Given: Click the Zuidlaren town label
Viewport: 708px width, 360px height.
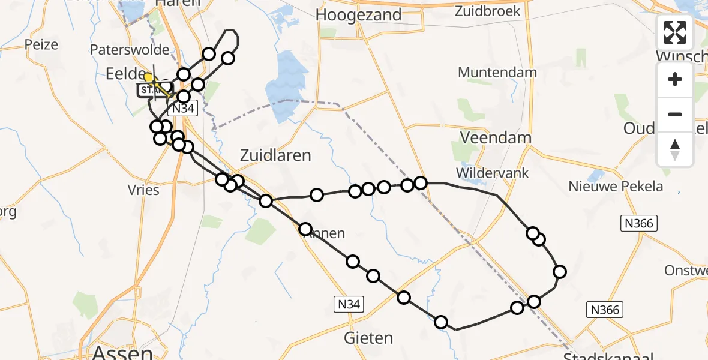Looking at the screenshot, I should click(275, 155).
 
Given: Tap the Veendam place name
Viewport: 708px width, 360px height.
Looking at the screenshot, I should click(496, 137).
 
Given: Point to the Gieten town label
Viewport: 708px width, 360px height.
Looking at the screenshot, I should click(368, 338).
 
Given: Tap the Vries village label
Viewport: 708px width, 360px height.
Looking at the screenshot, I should click(143, 190).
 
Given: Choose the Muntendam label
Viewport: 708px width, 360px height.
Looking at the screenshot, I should click(497, 72).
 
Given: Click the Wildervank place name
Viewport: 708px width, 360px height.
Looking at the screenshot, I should click(492, 173).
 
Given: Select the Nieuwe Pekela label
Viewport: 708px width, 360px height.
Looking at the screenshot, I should click(616, 186).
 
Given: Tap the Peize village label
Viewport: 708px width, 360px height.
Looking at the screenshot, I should click(41, 44).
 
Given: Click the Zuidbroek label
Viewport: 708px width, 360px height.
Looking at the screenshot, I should click(487, 11).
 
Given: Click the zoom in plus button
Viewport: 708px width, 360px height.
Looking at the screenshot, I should click(675, 79).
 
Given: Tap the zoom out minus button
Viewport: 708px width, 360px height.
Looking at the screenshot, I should click(675, 114).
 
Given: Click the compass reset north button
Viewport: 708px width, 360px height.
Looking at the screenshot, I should click(675, 149).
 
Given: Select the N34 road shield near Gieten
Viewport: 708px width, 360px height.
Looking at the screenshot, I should click(349, 305).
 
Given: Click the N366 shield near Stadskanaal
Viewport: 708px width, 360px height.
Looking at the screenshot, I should click(605, 310).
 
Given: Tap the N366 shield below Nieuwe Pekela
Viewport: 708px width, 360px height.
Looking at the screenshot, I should click(639, 223).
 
